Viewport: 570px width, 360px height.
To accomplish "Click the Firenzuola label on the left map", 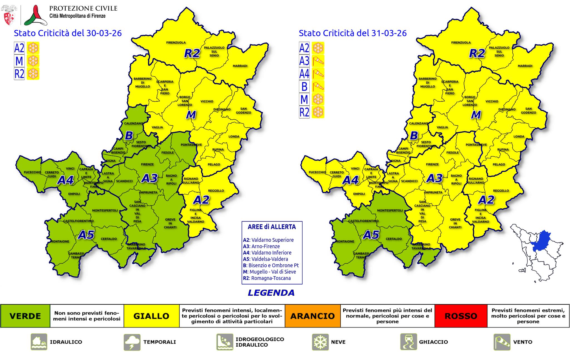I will (176, 43).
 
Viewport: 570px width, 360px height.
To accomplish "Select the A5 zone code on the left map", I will (86, 235).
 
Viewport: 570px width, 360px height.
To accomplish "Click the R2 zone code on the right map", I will (477, 53).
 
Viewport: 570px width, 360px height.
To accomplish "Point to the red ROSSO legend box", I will (461, 316).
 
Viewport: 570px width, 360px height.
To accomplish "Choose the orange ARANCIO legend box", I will (313, 316).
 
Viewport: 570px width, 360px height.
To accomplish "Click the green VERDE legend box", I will (25, 316).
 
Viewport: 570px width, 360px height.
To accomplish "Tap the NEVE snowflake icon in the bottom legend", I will (320, 342).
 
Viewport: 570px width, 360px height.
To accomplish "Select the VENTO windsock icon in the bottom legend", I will (502, 342).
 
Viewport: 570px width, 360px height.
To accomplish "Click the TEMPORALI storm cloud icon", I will (132, 342).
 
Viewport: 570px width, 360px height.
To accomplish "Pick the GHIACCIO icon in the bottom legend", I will (409, 342).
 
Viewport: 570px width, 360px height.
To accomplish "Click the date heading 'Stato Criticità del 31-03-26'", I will (353, 33).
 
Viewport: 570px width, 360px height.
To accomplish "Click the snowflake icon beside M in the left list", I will (33, 61).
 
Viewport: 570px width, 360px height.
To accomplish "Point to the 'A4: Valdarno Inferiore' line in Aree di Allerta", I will (267, 253).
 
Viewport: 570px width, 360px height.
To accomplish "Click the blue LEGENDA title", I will (271, 293).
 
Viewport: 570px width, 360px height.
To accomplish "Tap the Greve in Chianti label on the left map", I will (170, 223).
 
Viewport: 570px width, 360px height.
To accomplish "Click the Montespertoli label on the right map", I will (390, 210).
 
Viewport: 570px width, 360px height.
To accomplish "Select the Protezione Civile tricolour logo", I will (35, 15).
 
